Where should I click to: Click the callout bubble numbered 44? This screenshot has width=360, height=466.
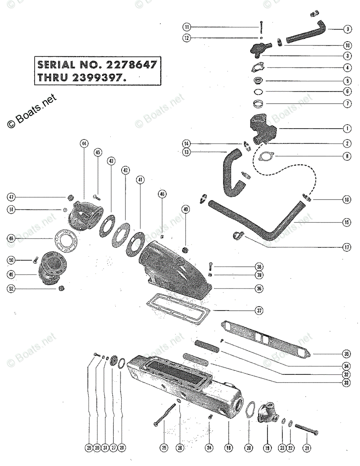pyautogui.click(x=83, y=144)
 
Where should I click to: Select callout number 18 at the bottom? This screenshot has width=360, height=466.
pyautogui.click(x=228, y=448)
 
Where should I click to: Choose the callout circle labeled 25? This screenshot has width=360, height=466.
pyautogui.click(x=164, y=448)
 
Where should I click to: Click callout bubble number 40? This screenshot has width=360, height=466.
pyautogui.click(x=186, y=209)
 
